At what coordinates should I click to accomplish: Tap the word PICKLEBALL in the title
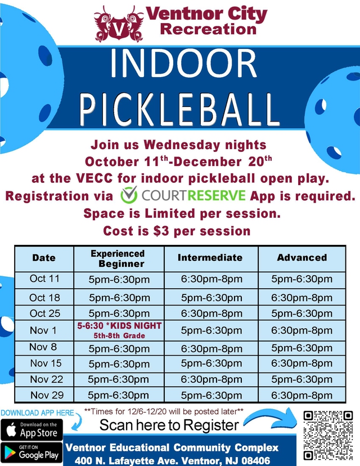[x=180, y=109]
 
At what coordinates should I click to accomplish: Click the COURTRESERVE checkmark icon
[x=129, y=196]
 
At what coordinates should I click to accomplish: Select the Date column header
[x=44, y=258]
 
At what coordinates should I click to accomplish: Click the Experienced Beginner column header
[x=118, y=258]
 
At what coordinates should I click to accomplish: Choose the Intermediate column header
[x=210, y=258]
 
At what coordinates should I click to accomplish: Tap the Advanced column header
[x=301, y=258]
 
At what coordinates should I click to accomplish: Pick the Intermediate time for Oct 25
[x=211, y=313]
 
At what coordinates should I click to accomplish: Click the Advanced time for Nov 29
[x=301, y=396]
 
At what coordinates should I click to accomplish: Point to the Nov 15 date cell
[x=46, y=364]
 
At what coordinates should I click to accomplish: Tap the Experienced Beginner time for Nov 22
[x=118, y=380]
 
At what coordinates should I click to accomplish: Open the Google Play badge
[x=31, y=453]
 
